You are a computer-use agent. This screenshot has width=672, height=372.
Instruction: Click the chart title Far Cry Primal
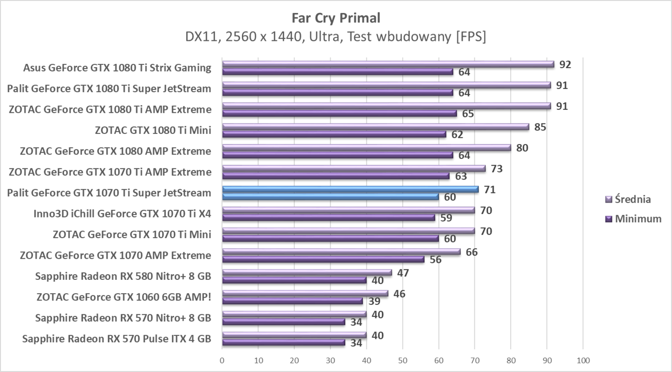(x=336, y=18)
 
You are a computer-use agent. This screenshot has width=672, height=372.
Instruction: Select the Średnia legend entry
(x=633, y=199)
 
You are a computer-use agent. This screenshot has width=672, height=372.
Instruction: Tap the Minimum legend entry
(x=637, y=219)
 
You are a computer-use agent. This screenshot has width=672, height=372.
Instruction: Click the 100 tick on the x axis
(x=583, y=360)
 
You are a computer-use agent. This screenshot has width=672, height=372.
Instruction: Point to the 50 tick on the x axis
(x=402, y=360)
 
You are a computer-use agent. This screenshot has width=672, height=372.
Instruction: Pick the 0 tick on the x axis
(x=222, y=360)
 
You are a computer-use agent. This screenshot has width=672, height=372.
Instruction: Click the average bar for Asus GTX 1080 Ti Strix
(x=388, y=64)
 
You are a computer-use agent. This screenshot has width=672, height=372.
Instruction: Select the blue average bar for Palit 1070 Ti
(x=350, y=189)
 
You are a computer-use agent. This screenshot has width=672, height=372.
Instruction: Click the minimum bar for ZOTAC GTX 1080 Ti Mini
(x=334, y=134)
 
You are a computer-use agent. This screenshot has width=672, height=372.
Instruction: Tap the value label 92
(x=565, y=64)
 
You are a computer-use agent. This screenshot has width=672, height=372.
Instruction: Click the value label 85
(x=540, y=127)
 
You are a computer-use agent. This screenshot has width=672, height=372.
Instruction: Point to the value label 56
(x=436, y=260)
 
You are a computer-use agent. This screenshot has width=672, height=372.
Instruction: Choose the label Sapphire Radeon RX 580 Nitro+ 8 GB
(x=123, y=276)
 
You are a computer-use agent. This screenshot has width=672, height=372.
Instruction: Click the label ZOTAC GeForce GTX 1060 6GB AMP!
(x=124, y=297)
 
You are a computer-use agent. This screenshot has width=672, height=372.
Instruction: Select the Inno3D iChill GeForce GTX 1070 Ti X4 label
(x=122, y=214)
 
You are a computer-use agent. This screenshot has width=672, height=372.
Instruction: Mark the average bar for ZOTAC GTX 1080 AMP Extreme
(x=366, y=147)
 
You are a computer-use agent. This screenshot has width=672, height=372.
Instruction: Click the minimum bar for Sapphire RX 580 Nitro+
(x=294, y=280)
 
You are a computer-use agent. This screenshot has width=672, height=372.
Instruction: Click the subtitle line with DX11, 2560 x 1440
(x=336, y=37)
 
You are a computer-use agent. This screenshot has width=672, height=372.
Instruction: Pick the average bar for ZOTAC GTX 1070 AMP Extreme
(x=341, y=252)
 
